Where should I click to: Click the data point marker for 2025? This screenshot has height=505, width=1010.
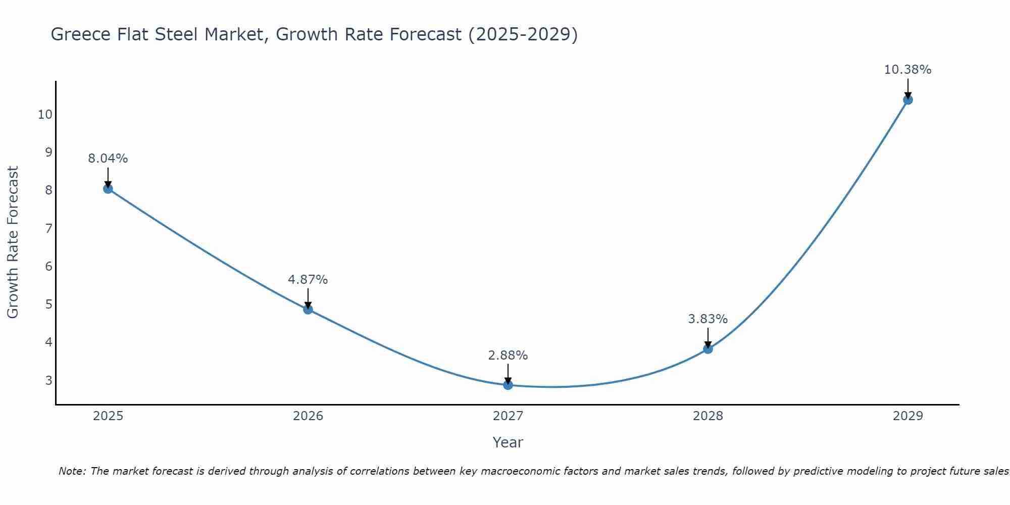[108, 189]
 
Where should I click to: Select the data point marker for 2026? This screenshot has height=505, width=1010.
[308, 310]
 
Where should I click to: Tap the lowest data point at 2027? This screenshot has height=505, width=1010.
[508, 385]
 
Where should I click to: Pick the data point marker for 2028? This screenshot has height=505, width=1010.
[708, 349]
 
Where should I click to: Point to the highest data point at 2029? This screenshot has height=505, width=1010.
[908, 100]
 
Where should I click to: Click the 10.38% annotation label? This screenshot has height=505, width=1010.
[907, 70]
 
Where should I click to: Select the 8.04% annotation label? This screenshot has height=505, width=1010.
[108, 159]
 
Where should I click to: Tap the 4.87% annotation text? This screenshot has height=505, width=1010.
[308, 279]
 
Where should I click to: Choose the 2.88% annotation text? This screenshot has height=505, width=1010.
[508, 356]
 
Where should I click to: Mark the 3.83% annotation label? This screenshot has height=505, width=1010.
[708, 319]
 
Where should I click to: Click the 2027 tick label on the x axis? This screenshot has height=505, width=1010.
[508, 416]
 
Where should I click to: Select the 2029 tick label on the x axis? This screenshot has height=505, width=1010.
[908, 416]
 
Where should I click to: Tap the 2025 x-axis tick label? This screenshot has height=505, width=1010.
[108, 416]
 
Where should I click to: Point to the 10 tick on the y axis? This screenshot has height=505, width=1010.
[45, 115]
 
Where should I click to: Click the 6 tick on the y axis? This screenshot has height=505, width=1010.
[49, 267]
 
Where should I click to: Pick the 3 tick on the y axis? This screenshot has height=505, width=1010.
[49, 380]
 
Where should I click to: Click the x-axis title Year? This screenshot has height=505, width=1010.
[508, 442]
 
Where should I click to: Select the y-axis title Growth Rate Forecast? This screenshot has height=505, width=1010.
[13, 242]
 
